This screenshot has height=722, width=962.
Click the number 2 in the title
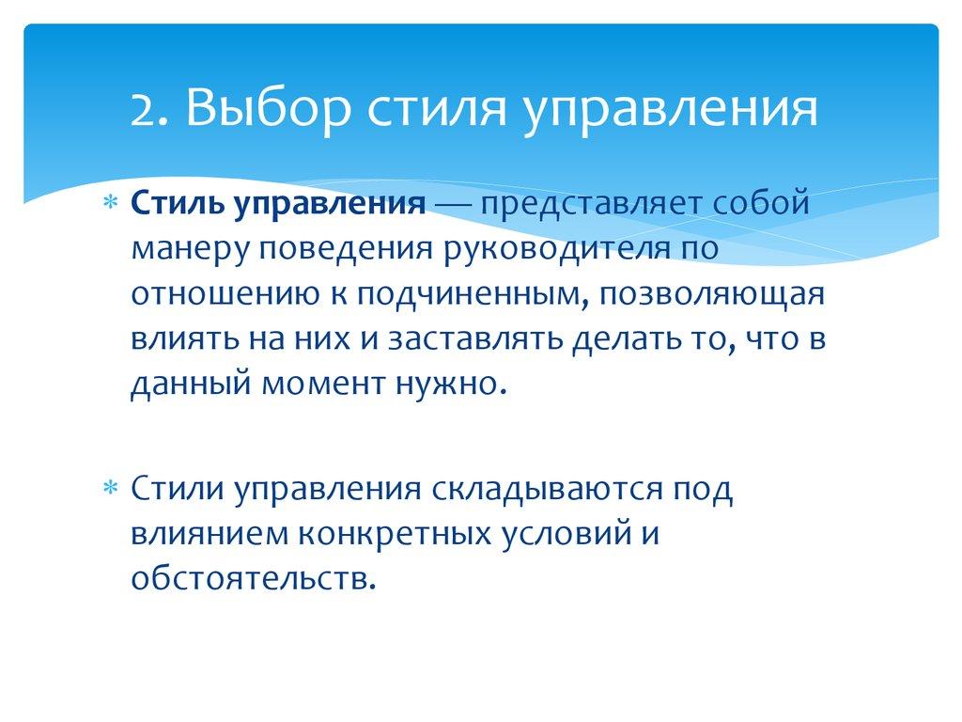142,111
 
